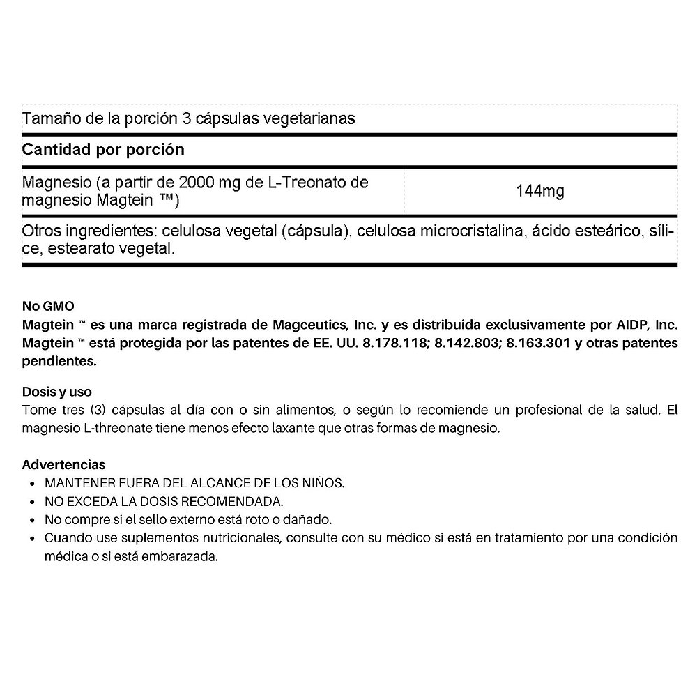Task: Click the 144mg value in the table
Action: [540, 191]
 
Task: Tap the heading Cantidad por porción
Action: [103, 149]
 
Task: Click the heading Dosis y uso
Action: [57, 392]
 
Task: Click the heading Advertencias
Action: [64, 464]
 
